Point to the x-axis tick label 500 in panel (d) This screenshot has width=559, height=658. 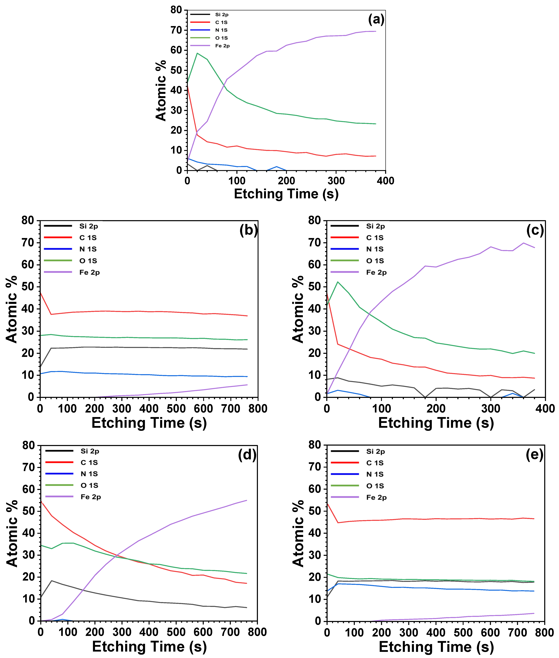coord(176,632)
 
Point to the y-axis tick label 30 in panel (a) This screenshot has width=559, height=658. coord(176,110)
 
